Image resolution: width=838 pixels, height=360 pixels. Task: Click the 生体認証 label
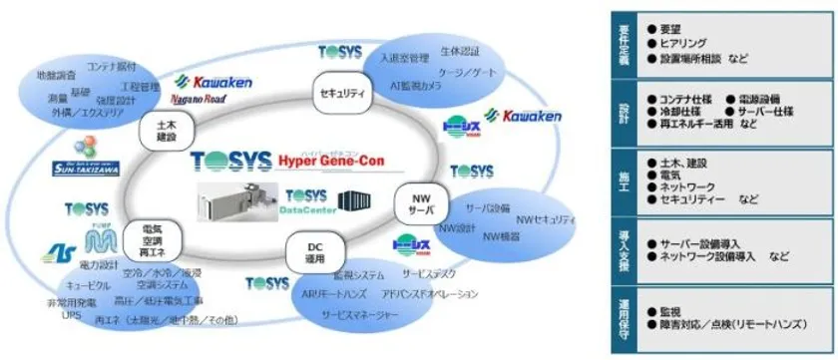coord(461,50)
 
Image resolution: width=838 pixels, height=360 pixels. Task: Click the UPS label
coord(72,314)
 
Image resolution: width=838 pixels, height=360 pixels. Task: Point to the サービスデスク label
coord(430,272)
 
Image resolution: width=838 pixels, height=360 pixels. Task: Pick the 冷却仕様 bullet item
coord(682,112)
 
